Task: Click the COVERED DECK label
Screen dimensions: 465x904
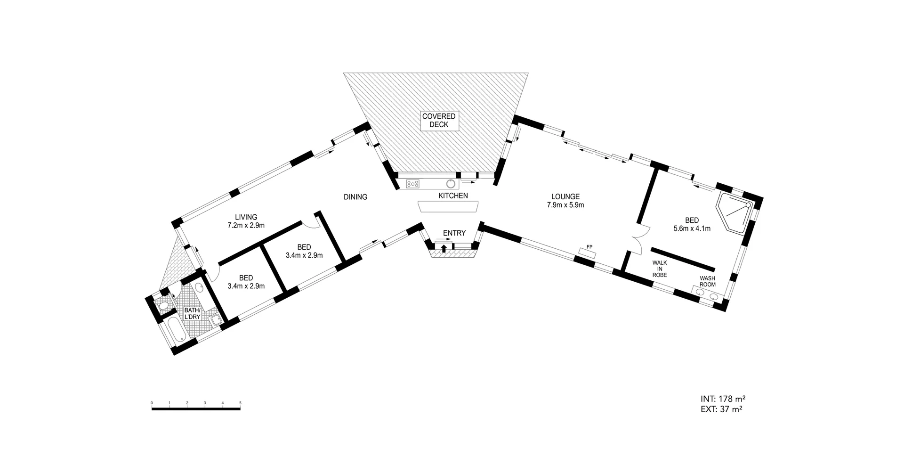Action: coord(438,121)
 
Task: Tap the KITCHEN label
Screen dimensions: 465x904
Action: coord(453,196)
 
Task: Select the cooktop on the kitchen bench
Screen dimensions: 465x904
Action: coord(412,184)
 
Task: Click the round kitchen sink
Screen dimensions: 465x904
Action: coord(451,184)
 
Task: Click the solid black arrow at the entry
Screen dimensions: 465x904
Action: coord(443,248)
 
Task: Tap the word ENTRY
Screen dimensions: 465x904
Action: coord(454,233)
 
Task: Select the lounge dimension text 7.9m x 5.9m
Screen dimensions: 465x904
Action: coord(565,205)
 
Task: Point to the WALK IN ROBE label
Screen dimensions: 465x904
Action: coord(659,269)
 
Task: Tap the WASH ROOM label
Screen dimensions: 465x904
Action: coord(707,281)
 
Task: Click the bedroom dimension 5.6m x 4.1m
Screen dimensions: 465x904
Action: coord(692,228)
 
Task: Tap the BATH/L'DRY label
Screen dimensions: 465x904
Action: coord(192,313)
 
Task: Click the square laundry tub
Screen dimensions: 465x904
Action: coord(215,320)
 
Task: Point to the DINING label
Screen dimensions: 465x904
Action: coord(355,197)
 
